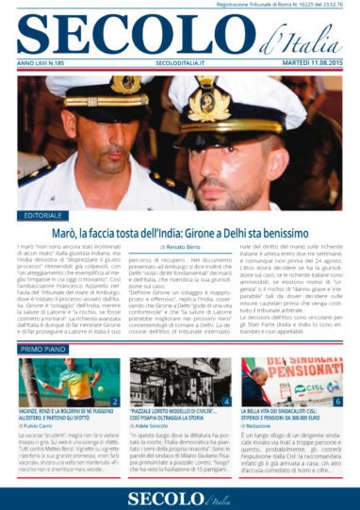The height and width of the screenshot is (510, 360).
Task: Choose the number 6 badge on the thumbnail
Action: (338, 401)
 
